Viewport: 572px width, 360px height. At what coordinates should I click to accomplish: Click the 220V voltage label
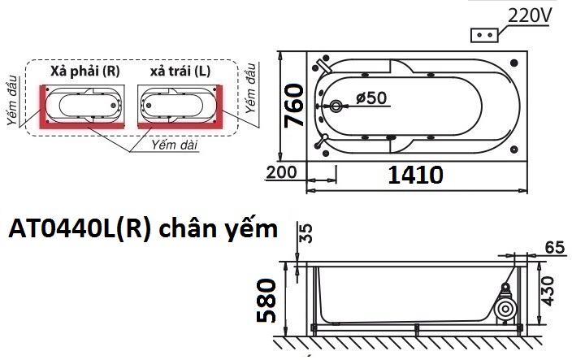pos(530,16)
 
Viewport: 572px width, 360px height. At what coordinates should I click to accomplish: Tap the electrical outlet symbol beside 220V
pos(486,36)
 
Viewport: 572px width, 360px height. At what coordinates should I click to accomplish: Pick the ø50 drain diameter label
pos(371,98)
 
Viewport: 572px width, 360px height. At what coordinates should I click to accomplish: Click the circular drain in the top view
pos(337,106)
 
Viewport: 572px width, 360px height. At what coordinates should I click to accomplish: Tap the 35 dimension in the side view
pos(306,235)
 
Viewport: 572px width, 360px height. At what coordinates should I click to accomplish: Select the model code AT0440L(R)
pos(78,230)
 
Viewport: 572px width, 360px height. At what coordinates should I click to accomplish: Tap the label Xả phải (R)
pos(84,72)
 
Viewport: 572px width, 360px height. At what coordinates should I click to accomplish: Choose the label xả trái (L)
pos(180,72)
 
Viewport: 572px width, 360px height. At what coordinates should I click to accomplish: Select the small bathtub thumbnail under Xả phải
pos(85,104)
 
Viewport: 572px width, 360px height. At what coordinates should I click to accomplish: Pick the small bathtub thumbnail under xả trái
pos(178,104)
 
